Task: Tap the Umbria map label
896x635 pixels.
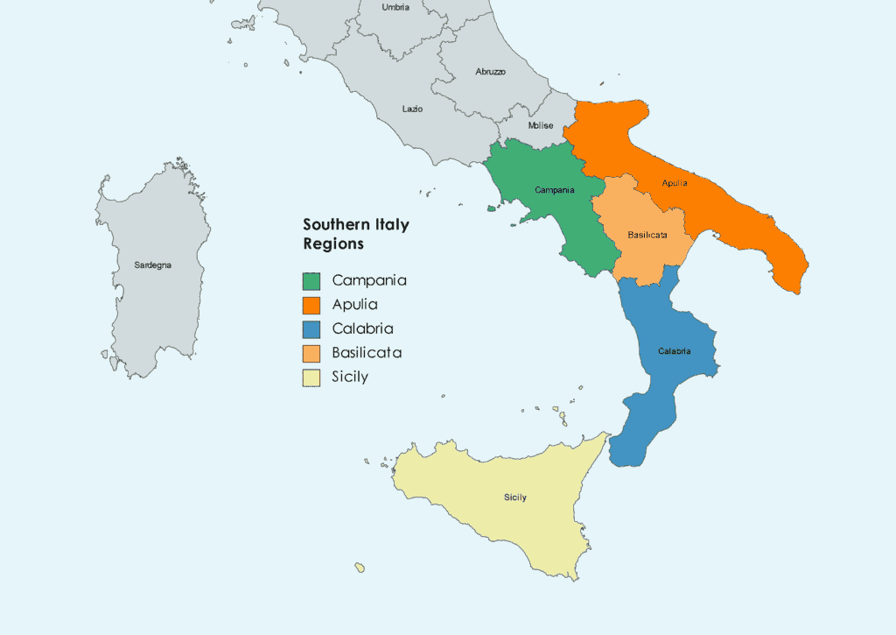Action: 395,7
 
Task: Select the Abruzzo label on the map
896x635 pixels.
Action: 490,71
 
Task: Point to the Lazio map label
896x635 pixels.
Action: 412,109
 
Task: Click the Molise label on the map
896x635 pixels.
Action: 541,126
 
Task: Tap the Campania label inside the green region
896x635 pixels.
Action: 555,190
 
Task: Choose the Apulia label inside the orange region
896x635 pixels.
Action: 675,183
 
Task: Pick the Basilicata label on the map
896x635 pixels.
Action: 648,236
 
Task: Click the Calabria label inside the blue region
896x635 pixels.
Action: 675,351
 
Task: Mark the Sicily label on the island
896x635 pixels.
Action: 515,497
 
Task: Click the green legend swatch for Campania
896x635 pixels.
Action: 311,281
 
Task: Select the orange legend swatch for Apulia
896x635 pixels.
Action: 311,306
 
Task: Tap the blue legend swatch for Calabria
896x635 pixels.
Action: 311,329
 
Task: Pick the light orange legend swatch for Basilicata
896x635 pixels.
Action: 311,354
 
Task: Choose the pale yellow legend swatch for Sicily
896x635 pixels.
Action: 311,377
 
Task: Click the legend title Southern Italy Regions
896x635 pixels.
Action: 355,234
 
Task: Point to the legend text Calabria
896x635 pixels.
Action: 362,329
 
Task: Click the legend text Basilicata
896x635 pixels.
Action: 367,354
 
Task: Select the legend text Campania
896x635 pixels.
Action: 369,281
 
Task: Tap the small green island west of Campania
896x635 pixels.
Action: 491,208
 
